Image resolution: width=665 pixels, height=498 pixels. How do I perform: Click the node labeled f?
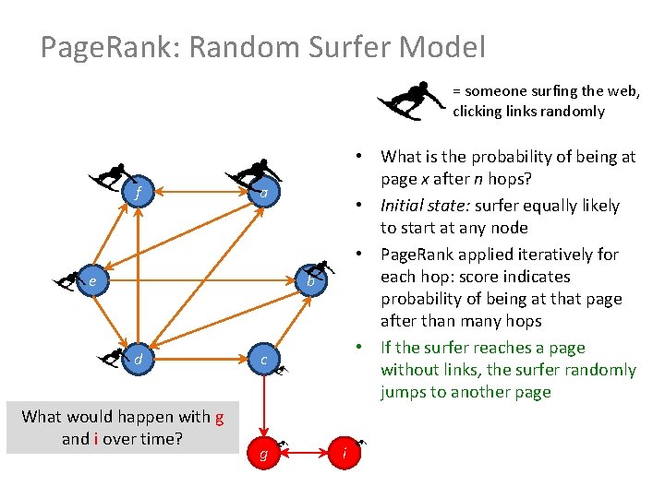138,194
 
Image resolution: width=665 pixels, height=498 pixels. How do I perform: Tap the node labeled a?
264,194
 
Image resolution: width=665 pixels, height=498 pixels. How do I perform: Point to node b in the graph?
311,281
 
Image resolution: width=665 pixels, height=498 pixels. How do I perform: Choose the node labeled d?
138,360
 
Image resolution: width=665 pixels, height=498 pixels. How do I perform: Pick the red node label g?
264,455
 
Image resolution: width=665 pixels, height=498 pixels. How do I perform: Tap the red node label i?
344,454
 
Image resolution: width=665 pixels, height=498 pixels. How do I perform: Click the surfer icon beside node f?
110,176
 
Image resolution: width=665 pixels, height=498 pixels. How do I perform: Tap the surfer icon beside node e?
67,279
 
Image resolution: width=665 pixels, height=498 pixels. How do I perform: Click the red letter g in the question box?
219,417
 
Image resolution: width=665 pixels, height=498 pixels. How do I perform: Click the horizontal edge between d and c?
200,358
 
